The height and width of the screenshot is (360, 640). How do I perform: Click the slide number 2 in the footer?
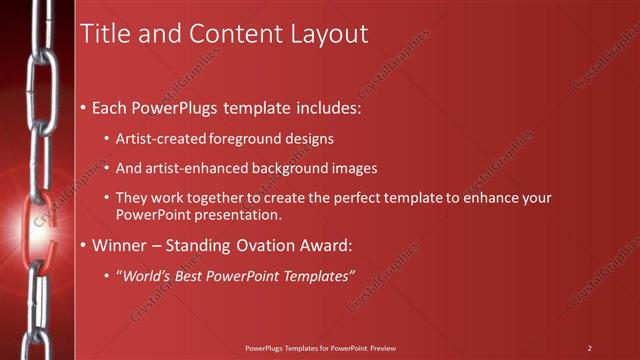(x=590, y=348)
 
